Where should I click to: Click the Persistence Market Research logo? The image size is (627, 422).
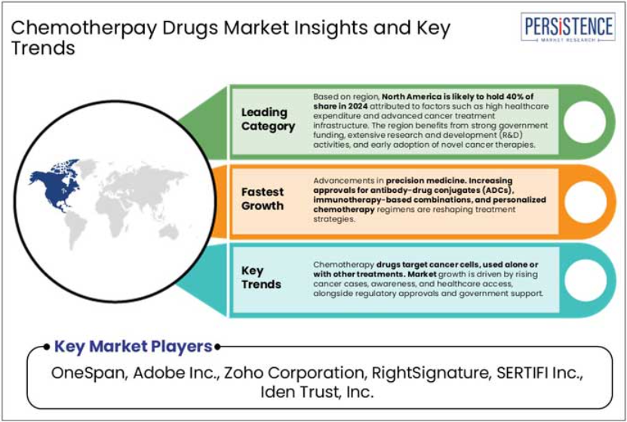click(568, 26)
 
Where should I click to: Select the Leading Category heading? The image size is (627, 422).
click(268, 119)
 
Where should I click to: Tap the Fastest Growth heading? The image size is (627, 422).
click(263, 199)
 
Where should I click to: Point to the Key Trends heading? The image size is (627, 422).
click(261, 277)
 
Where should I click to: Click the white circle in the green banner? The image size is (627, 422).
click(585, 122)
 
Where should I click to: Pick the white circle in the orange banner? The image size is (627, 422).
click(585, 202)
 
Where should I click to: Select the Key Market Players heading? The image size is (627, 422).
click(133, 346)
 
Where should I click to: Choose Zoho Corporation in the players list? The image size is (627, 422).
click(294, 373)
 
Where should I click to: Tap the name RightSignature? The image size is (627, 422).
click(431, 373)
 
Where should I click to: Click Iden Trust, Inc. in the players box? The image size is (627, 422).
click(317, 392)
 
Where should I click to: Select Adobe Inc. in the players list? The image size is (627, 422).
click(175, 373)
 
